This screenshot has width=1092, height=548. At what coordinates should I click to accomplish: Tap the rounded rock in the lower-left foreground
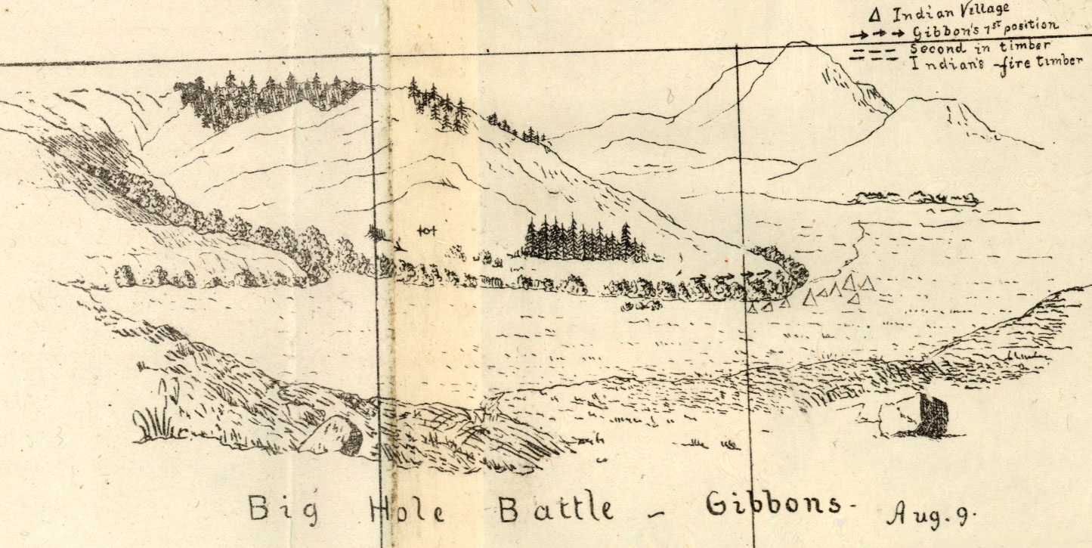333,436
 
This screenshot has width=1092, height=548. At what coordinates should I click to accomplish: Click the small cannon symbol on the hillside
427,228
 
